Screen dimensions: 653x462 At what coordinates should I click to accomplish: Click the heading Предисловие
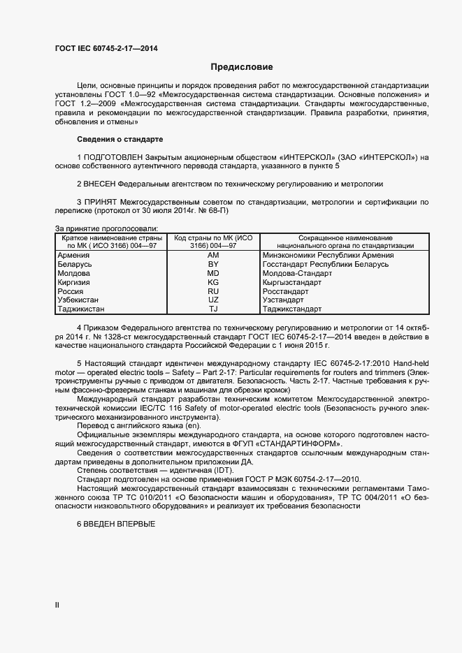coord(242,67)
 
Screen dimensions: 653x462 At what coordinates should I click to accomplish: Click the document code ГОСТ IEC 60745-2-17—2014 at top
coord(106,48)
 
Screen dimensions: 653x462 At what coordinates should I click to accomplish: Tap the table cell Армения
coord(73,255)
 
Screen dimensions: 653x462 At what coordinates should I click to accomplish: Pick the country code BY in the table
coord(214,264)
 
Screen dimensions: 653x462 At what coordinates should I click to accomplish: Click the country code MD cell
coord(214,273)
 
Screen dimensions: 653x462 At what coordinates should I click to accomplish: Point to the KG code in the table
coord(214,282)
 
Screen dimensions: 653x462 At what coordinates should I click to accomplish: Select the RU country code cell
coord(214,291)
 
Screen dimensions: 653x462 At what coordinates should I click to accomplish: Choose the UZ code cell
coord(214,300)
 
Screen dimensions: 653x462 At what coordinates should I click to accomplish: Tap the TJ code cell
coord(214,309)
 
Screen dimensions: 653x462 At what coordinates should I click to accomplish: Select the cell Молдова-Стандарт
coord(296,273)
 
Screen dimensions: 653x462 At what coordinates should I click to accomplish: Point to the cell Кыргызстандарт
coord(291,282)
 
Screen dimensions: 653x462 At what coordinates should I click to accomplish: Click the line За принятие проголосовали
coord(106,228)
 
